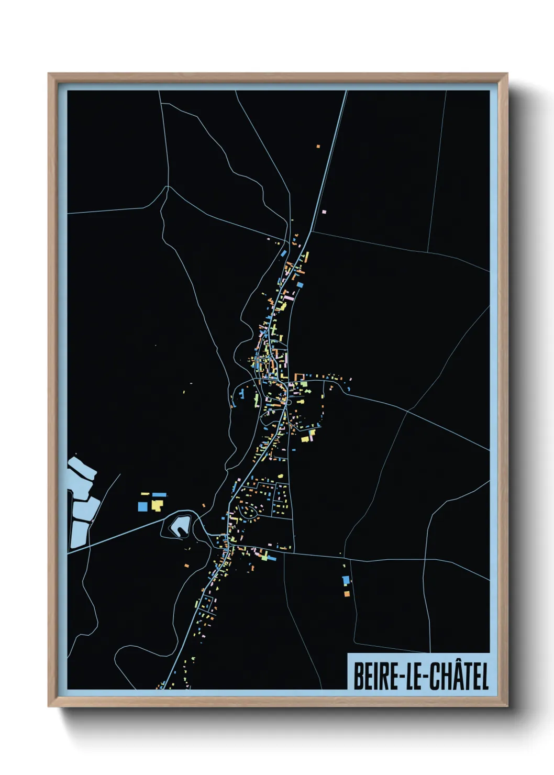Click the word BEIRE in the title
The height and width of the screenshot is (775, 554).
tap(375, 676)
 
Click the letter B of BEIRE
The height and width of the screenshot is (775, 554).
tap(359, 676)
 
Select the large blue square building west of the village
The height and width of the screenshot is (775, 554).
tap(142, 506)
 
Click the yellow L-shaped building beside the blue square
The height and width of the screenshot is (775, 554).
tap(157, 505)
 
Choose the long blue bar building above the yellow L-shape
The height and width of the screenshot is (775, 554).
tap(159, 494)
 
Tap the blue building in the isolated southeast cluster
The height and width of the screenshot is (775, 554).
tap(346, 580)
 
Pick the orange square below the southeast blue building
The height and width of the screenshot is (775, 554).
tap(347, 593)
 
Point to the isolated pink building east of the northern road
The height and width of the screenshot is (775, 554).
tap(324, 212)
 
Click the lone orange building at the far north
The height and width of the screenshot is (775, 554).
tap(318, 146)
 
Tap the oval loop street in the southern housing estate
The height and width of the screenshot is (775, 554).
tap(248, 510)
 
